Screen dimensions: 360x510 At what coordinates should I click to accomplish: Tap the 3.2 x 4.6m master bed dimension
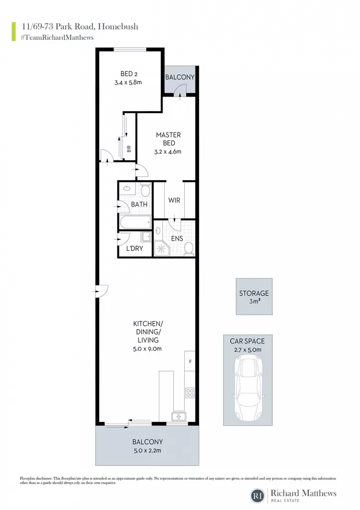tap(168, 151)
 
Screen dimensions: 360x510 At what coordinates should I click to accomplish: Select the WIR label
tap(174, 200)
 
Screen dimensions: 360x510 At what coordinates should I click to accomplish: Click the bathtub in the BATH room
tap(135, 223)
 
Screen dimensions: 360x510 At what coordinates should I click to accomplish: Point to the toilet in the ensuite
tap(189, 249)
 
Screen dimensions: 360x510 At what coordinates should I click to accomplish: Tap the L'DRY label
tap(134, 249)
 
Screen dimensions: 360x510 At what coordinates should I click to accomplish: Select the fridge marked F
tap(190, 361)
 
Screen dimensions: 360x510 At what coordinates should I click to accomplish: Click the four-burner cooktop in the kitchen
tap(190, 392)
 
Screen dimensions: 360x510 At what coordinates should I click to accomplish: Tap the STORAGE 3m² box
tap(254, 296)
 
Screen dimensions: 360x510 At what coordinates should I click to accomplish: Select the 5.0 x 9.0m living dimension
tap(147, 349)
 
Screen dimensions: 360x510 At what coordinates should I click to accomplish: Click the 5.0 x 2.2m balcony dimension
tap(147, 451)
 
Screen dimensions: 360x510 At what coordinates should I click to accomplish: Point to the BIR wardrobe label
tap(129, 149)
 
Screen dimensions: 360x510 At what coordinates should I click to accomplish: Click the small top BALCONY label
tap(180, 77)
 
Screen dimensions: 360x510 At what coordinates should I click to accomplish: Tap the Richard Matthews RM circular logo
tap(257, 496)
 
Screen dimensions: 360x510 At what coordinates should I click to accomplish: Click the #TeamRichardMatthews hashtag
tap(57, 37)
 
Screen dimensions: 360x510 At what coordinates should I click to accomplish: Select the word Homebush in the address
tap(118, 26)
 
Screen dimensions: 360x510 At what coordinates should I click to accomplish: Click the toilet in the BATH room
tap(145, 190)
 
